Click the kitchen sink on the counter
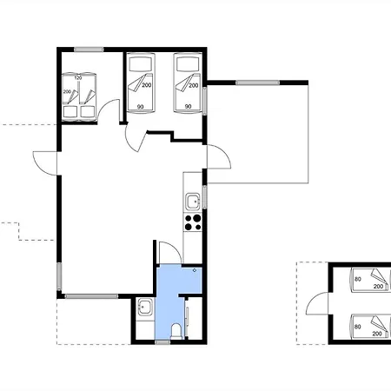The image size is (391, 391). (192, 202)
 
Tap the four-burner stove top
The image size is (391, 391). (193, 222)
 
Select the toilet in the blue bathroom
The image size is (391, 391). (176, 332)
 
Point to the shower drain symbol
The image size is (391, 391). (195, 270)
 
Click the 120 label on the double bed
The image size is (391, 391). (78, 78)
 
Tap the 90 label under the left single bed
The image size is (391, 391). (140, 107)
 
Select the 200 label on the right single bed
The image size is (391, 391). (194, 85)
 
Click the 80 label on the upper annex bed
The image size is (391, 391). (358, 279)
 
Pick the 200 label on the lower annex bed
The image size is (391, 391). (377, 334)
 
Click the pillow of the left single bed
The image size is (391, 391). (141, 64)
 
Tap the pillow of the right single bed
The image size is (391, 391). (188, 64)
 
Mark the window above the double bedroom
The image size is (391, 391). (89, 50)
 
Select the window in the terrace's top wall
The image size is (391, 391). (257, 83)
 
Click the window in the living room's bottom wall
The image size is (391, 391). (91, 296)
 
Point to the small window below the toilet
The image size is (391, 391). (162, 342)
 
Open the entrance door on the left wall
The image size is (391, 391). (45, 163)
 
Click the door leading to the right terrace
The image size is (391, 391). (219, 156)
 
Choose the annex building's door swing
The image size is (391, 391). (317, 303)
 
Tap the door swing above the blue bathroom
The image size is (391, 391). (170, 252)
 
